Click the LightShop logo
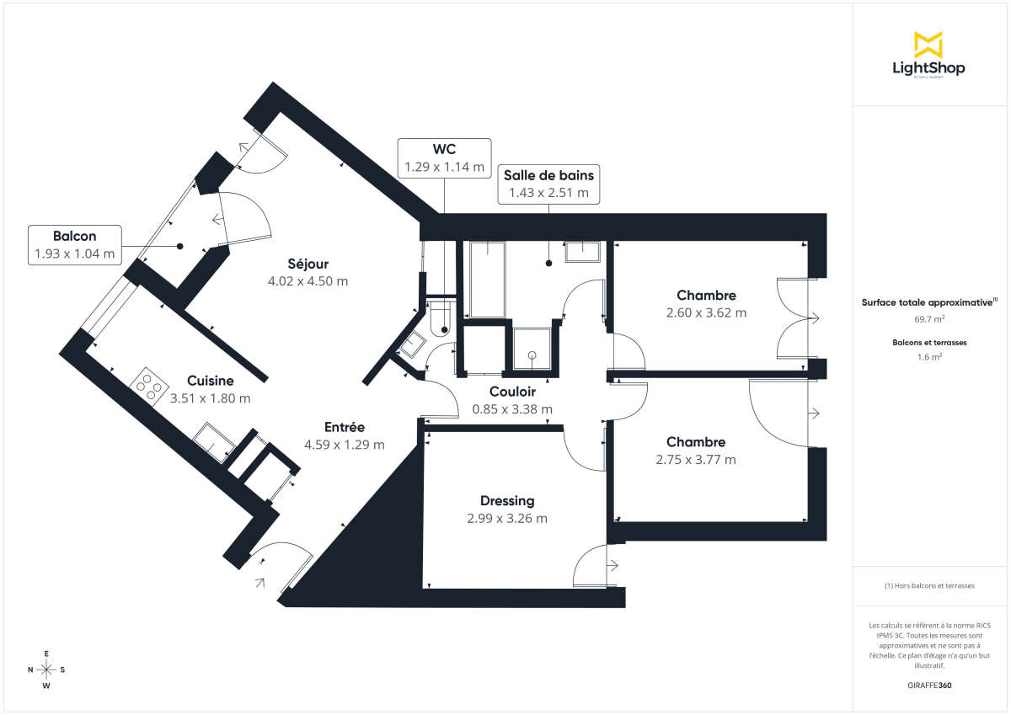point(928,55)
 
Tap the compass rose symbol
point(46,670)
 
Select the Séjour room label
point(307,264)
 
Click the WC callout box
point(444,158)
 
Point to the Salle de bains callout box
point(548,184)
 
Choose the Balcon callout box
point(74,245)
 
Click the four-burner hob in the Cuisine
point(150,385)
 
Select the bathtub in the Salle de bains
point(487,280)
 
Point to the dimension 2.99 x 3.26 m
point(507,519)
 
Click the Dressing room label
point(507,501)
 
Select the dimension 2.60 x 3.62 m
point(706,312)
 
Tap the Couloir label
point(512,392)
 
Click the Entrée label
point(344,427)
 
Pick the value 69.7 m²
point(928,319)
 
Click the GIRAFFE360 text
point(928,686)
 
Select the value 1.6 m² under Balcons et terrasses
point(928,356)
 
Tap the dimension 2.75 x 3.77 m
point(695,460)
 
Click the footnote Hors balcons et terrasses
point(928,585)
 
